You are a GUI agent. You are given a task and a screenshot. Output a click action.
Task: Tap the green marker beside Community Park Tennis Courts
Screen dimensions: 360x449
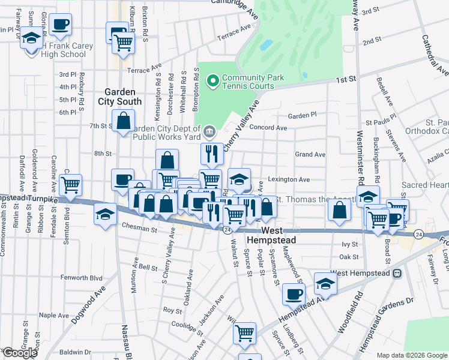tap(212, 80)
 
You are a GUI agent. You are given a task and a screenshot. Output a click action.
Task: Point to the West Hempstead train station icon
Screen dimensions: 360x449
tap(397, 273)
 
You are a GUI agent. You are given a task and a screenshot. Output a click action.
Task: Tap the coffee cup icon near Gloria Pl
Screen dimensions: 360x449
tap(61, 25)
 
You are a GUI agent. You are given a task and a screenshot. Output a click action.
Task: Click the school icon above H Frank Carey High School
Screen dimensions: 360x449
tap(31, 40)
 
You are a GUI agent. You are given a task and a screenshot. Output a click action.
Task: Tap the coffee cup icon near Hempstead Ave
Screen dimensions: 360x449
tap(294, 295)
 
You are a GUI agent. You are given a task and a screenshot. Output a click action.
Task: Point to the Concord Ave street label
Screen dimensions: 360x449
tap(268, 128)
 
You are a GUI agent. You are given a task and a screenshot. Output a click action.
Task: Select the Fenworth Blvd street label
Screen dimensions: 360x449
tap(82, 277)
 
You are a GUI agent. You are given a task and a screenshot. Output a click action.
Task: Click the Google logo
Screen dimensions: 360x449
tap(19, 353)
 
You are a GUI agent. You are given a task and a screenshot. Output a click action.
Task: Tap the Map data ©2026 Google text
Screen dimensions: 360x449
tap(411, 355)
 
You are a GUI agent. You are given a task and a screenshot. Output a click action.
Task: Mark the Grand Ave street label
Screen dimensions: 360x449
tap(310, 154)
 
